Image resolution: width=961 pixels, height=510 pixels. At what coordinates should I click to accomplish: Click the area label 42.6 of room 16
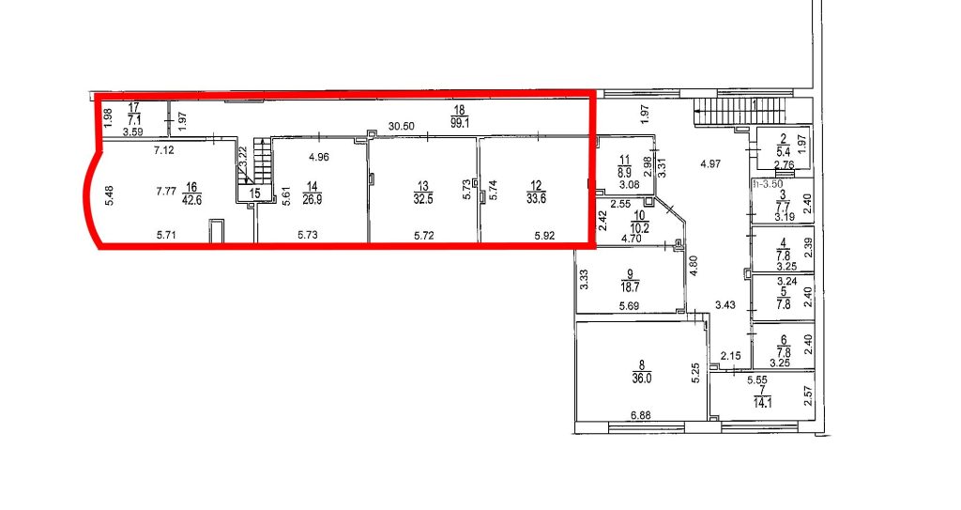click(191, 199)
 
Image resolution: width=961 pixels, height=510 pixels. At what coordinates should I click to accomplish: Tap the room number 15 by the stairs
click(255, 193)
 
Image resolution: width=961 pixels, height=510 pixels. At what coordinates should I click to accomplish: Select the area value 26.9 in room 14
click(313, 199)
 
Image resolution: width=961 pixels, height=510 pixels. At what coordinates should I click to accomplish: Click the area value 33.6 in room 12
click(536, 199)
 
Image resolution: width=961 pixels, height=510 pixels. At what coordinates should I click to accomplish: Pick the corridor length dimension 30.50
click(402, 127)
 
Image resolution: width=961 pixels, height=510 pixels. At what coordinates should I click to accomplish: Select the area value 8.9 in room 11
click(624, 174)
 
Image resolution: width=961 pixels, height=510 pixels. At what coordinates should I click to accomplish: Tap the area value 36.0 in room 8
click(642, 379)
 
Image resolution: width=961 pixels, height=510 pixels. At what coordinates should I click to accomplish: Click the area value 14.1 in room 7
click(762, 403)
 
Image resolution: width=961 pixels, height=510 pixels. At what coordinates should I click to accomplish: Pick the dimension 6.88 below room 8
click(640, 415)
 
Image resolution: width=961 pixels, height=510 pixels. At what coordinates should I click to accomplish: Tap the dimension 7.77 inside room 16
click(166, 192)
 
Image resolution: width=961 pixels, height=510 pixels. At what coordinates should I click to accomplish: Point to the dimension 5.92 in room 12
click(545, 235)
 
